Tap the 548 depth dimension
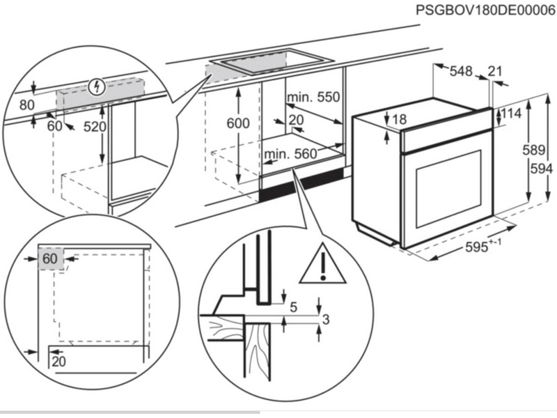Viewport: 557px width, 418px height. (460, 71)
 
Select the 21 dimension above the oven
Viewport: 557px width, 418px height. (495, 71)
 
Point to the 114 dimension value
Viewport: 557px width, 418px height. (512, 114)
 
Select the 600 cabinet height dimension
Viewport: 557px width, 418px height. (237, 123)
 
